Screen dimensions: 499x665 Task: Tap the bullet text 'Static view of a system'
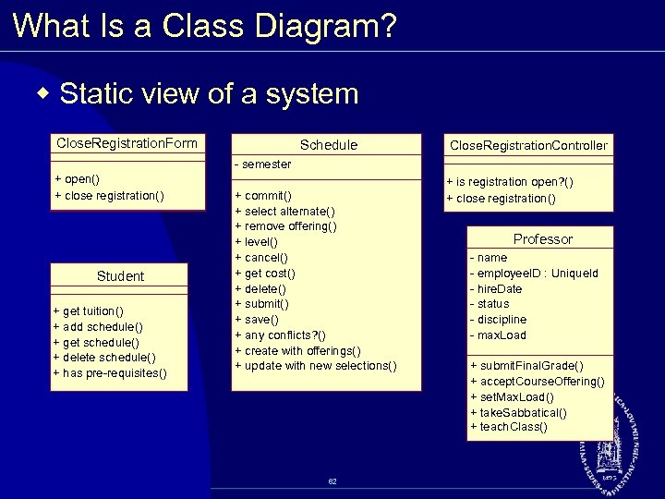pyautogui.click(x=208, y=93)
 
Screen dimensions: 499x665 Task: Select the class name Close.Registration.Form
pyautogui.click(x=127, y=143)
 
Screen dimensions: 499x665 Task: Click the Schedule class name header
pyautogui.click(x=328, y=145)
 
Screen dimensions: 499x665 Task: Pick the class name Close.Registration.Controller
pyautogui.click(x=528, y=145)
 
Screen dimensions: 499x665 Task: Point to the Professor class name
pyautogui.click(x=542, y=238)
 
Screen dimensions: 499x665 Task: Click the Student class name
pyautogui.click(x=120, y=276)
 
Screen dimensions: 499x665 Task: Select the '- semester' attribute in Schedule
pyautogui.click(x=263, y=164)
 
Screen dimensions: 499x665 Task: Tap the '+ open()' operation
pyautogui.click(x=77, y=179)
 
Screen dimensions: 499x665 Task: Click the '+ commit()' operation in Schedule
pyautogui.click(x=264, y=196)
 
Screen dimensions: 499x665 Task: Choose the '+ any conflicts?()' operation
pyautogui.click(x=281, y=335)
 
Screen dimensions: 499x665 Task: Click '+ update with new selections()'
pyautogui.click(x=316, y=366)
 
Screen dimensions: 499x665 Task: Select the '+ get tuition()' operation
pyautogui.click(x=89, y=310)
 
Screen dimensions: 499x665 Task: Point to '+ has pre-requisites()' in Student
pyautogui.click(x=110, y=372)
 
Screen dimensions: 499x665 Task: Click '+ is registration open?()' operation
pyautogui.click(x=510, y=182)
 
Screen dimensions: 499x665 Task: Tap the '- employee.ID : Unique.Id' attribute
pyautogui.click(x=534, y=274)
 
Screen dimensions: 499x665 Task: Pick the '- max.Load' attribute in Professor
pyautogui.click(x=498, y=335)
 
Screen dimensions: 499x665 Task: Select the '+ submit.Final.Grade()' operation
pyautogui.click(x=526, y=365)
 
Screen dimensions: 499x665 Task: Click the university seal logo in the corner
pyautogui.click(x=609, y=453)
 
